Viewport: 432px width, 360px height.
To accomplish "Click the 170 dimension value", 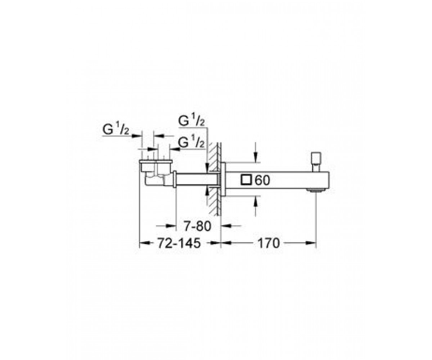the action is [x=269, y=243].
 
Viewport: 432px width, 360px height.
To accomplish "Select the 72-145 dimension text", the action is [x=179, y=243].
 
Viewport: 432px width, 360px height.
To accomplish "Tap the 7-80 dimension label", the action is [x=197, y=226].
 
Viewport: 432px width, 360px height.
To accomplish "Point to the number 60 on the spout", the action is [x=262, y=180].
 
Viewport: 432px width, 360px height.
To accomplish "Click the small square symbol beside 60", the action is [x=246, y=180].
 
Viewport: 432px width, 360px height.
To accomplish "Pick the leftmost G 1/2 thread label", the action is [x=116, y=130].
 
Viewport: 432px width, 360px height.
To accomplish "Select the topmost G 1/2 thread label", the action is [x=192, y=121].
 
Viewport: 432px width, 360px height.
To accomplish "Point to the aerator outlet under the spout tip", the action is [x=316, y=190].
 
